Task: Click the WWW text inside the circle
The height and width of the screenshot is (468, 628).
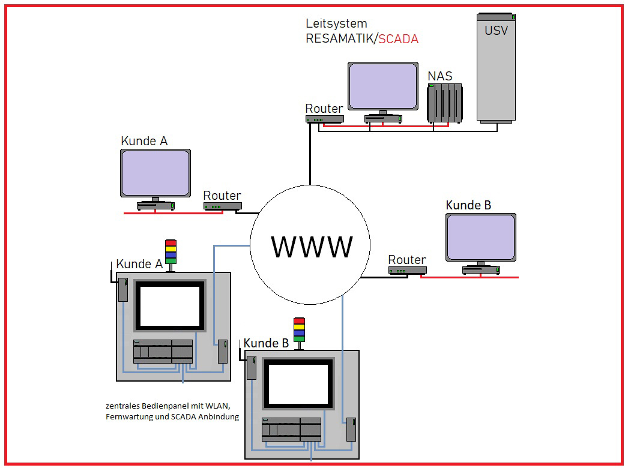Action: pyautogui.click(x=312, y=247)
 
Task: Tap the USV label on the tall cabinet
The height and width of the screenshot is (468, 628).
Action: pyautogui.click(x=496, y=30)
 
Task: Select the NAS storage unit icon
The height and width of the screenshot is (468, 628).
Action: pyautogui.click(x=445, y=103)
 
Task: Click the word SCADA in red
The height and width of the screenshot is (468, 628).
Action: pyautogui.click(x=399, y=39)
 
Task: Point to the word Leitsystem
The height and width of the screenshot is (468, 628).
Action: pyautogui.click(x=336, y=24)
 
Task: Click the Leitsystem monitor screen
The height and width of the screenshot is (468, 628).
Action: pyautogui.click(x=383, y=86)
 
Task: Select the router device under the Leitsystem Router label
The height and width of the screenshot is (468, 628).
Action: pyautogui.click(x=324, y=119)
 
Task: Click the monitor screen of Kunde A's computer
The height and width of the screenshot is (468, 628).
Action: pyautogui.click(x=155, y=173)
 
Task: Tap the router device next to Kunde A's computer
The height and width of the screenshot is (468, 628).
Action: pyautogui.click(x=222, y=206)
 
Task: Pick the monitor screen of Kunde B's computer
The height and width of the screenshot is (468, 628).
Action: pyautogui.click(x=480, y=236)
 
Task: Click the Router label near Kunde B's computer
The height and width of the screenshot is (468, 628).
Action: pyautogui.click(x=406, y=260)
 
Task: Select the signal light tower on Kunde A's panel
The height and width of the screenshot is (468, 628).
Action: pyautogui.click(x=171, y=252)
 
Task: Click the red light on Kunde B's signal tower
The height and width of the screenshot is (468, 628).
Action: pyautogui.click(x=299, y=321)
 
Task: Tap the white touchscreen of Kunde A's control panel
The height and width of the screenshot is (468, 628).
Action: pyautogui.click(x=170, y=305)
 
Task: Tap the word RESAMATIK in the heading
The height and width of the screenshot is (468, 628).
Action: pyautogui.click(x=340, y=39)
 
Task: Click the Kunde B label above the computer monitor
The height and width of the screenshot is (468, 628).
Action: pyautogui.click(x=468, y=205)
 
